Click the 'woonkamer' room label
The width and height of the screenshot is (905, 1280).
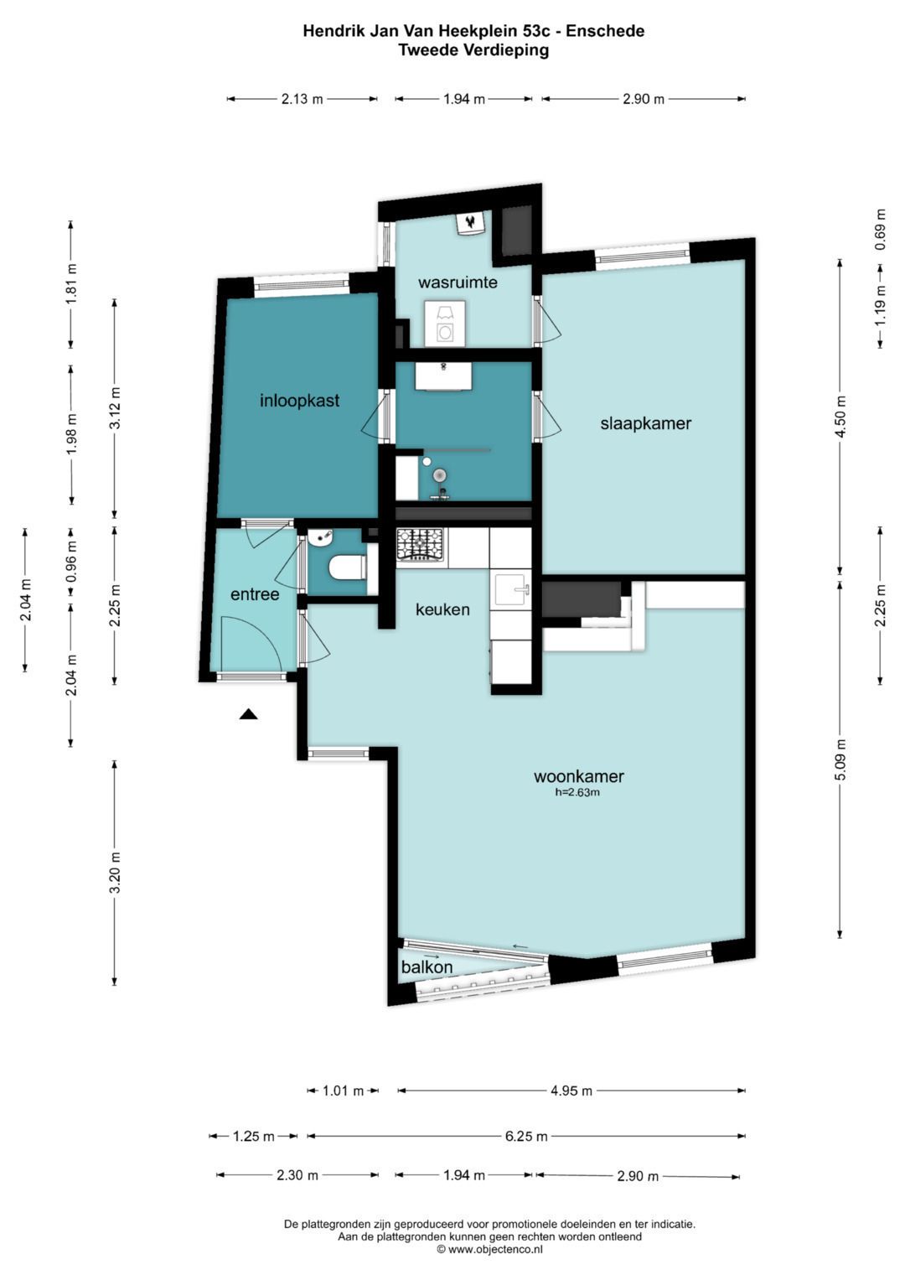(x=578, y=776)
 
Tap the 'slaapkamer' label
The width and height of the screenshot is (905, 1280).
(x=645, y=423)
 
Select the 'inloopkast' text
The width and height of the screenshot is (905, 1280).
(x=299, y=400)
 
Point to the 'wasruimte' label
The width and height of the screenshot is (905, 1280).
(x=458, y=282)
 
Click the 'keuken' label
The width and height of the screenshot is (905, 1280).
(x=442, y=609)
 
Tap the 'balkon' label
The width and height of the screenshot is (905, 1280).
(x=427, y=966)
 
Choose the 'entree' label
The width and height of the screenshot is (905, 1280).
(x=255, y=594)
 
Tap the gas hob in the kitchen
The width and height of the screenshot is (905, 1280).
(x=420, y=545)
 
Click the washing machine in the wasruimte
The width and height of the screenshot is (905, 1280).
(x=444, y=324)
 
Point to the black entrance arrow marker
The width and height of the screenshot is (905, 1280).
(x=248, y=713)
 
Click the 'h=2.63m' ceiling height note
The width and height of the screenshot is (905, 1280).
(x=578, y=793)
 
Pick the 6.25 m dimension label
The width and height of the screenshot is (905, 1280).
(x=526, y=1137)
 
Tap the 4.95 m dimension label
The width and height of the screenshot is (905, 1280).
(x=571, y=1091)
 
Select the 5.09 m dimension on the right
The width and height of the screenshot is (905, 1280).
(x=840, y=759)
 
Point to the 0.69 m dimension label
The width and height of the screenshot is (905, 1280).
(x=881, y=229)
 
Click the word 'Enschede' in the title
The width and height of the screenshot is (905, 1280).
(x=605, y=30)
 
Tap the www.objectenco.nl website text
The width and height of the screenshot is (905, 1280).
(x=489, y=1249)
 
